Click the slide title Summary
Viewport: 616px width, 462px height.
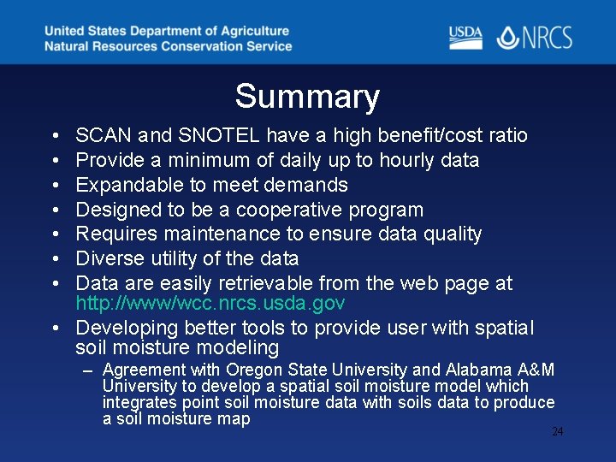pyautogui.click(x=307, y=97)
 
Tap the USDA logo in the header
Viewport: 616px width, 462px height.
pyautogui.click(x=465, y=37)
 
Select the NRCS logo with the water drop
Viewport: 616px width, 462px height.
pyautogui.click(x=535, y=38)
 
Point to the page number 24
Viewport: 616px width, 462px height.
pyautogui.click(x=557, y=432)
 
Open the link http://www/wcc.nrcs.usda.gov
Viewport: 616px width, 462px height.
pyautogui.click(x=210, y=304)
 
